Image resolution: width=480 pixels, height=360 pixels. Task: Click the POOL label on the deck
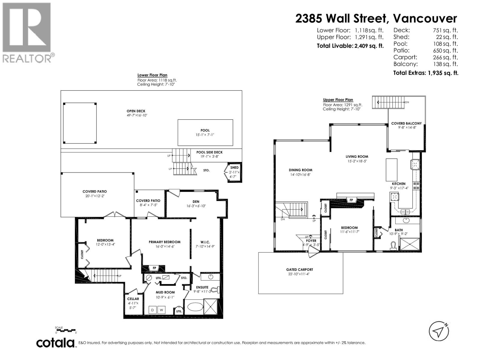click(205, 130)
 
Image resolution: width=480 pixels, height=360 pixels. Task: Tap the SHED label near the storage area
click(234, 168)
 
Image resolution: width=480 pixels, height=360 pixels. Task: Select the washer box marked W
click(161, 310)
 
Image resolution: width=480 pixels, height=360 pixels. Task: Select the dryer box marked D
click(152, 310)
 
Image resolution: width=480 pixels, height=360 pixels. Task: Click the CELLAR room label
click(133, 299)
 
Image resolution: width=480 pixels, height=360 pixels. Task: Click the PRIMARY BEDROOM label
click(164, 242)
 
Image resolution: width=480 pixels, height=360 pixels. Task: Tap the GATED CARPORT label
click(299, 270)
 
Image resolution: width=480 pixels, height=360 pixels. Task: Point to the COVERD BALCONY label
click(406, 124)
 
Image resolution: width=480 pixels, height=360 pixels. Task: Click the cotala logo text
click(56, 343)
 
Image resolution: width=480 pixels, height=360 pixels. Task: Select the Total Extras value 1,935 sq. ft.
click(443, 73)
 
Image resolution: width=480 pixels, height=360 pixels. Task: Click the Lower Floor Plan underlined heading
click(152, 75)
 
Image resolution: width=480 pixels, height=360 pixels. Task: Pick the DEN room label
click(196, 202)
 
